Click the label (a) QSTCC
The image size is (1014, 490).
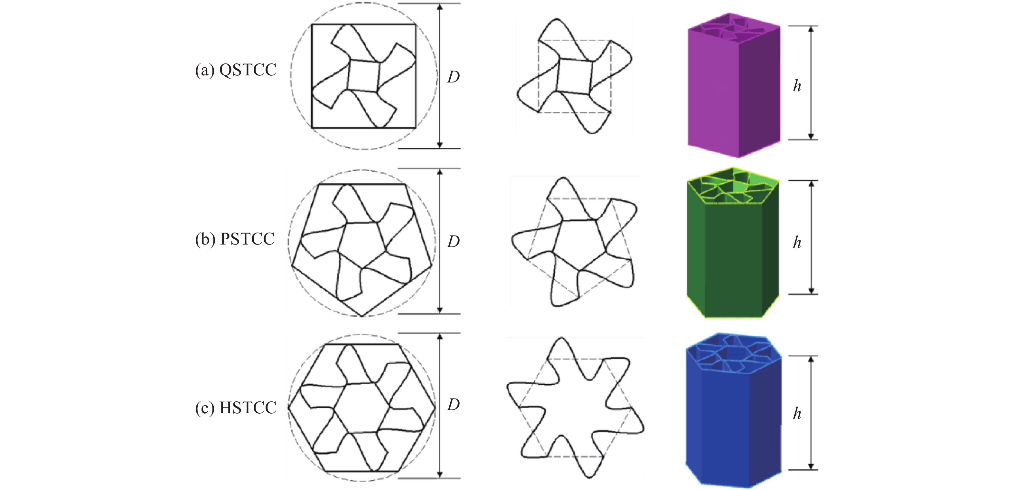click(236, 70)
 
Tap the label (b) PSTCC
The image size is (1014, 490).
click(235, 239)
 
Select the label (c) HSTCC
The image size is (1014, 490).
click(236, 407)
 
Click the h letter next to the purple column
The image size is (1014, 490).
click(797, 85)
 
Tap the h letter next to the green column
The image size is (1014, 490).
click(797, 242)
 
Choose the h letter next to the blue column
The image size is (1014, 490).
click(797, 413)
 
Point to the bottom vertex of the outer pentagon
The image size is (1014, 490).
click(362, 316)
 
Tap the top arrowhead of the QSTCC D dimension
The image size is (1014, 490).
click(440, 7)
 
